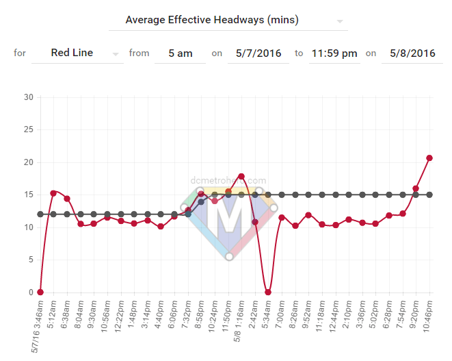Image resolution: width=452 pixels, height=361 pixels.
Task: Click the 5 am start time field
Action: coord(180,53)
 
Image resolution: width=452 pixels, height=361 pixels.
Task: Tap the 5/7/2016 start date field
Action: coord(259,53)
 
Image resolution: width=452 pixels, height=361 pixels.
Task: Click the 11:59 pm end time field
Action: coord(334,53)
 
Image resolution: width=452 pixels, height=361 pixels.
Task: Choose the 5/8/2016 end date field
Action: coord(412,53)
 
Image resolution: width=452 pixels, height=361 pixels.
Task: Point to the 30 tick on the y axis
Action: coord(28,97)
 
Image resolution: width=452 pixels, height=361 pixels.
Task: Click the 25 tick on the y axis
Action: coord(28,129)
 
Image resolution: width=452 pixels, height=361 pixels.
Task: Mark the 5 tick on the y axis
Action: coord(30,260)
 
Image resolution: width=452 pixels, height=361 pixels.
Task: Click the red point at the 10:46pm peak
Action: coord(429,158)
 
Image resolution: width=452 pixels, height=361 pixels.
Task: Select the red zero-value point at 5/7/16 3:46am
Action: coord(40,292)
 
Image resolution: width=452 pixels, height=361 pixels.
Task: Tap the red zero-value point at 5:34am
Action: coord(268,292)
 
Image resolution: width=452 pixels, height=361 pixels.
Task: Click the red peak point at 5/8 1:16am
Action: coord(241,176)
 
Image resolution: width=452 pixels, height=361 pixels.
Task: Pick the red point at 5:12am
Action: coord(53,193)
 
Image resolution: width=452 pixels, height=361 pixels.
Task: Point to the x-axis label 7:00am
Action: coord(282,316)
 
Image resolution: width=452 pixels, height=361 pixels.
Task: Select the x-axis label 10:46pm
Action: coord(429,318)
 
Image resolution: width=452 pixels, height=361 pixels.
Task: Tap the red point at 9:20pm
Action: coord(416,188)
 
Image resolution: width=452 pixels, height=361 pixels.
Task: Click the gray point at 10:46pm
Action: coord(429,195)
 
